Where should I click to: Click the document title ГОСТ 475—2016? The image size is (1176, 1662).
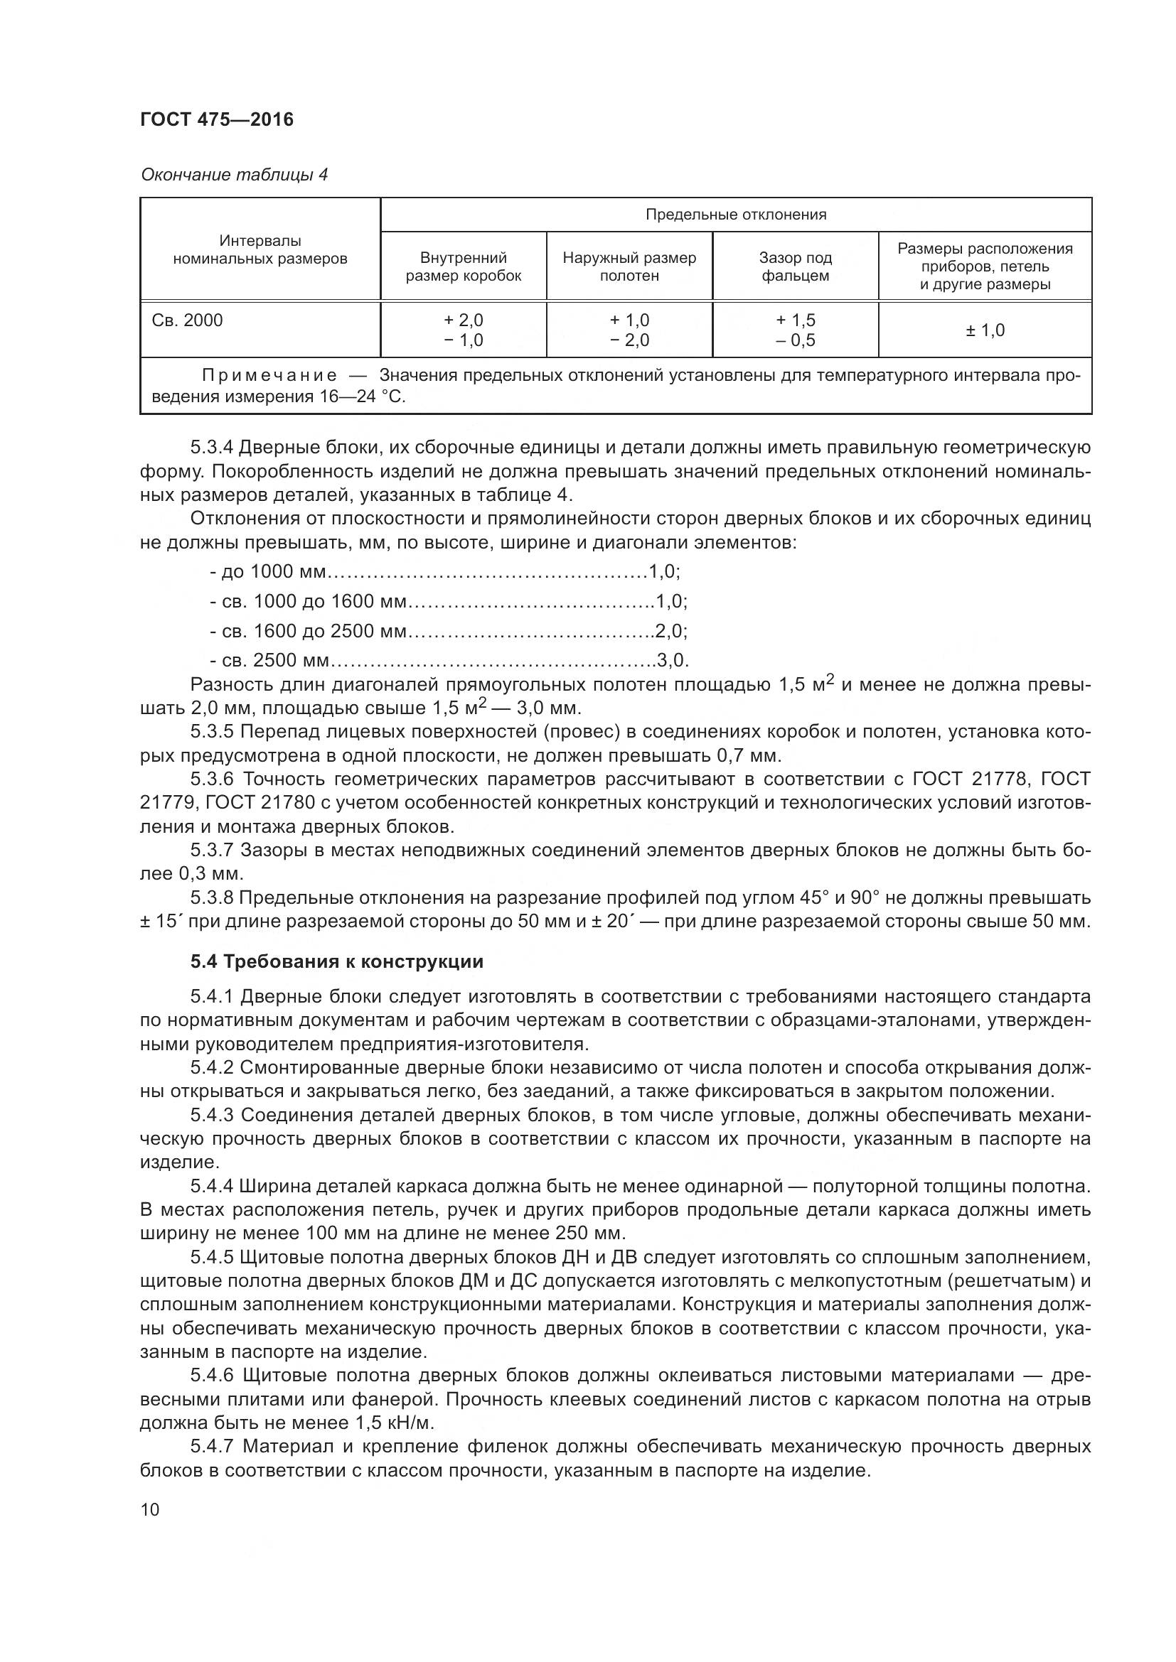click(x=217, y=119)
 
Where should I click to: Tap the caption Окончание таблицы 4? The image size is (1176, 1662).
click(x=234, y=175)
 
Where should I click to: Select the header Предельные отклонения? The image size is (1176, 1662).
click(x=735, y=215)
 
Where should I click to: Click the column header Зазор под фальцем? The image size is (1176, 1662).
click(x=795, y=266)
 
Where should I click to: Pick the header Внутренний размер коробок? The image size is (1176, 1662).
click(x=463, y=266)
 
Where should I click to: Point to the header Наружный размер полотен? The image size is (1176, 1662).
click(x=629, y=266)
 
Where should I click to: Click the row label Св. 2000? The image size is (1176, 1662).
click(x=187, y=320)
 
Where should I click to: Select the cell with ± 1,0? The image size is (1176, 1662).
click(x=985, y=330)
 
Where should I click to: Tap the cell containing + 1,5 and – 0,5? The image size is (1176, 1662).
click(x=795, y=330)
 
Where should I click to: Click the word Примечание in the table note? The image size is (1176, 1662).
click(x=269, y=375)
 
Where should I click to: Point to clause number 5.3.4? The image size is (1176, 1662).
click(x=211, y=448)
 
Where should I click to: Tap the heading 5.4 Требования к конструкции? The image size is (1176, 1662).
click(x=337, y=961)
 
